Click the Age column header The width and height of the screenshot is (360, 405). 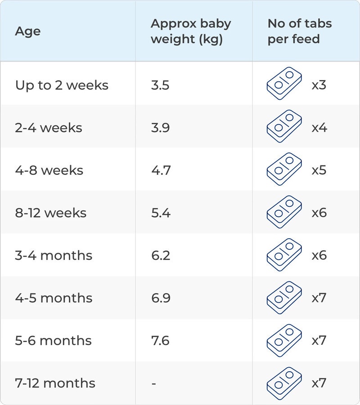pyautogui.click(x=28, y=31)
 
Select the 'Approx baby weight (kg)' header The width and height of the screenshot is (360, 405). pyautogui.click(x=191, y=31)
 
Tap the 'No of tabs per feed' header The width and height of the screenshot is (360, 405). pyautogui.click(x=300, y=31)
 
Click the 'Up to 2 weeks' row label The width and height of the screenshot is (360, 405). pyautogui.click(x=62, y=85)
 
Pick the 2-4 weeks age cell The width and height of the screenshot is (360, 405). pyautogui.click(x=49, y=128)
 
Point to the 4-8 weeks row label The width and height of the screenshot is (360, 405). pyautogui.click(x=49, y=170)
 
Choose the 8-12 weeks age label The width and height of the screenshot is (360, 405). pyautogui.click(x=51, y=213)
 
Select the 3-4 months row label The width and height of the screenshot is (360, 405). pyautogui.click(x=54, y=255)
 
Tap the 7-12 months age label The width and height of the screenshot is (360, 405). pyautogui.click(x=55, y=383)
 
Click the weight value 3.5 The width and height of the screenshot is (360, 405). pyautogui.click(x=160, y=85)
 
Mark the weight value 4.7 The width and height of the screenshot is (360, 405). pyautogui.click(x=161, y=170)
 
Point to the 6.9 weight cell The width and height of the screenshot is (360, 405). pyautogui.click(x=161, y=298)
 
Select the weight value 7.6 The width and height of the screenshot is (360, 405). pyautogui.click(x=160, y=340)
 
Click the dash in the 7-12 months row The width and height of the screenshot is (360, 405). pyautogui.click(x=154, y=383)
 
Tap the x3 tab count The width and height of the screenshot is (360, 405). pyautogui.click(x=319, y=85)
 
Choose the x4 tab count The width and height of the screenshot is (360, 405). pyautogui.click(x=319, y=128)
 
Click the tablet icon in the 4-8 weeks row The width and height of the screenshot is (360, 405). pyautogui.click(x=284, y=170)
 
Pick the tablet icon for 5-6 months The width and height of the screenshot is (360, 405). pyautogui.click(x=284, y=340)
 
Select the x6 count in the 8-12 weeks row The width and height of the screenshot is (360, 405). pyautogui.click(x=319, y=213)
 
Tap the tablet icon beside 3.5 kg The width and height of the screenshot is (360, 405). pyautogui.click(x=284, y=85)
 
